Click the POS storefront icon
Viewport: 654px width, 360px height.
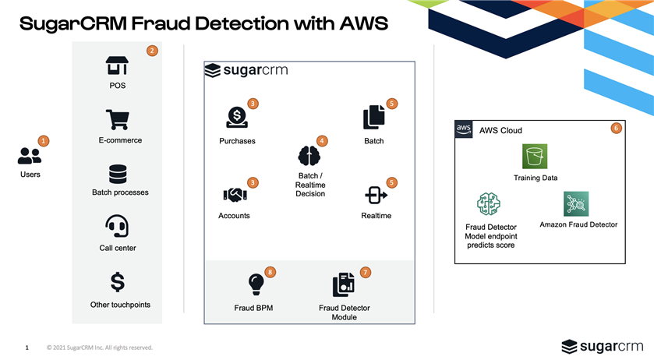click(117, 65)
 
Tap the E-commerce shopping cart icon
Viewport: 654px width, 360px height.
click(117, 119)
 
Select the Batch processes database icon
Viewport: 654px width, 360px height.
click(118, 174)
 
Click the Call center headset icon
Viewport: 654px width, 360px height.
click(117, 227)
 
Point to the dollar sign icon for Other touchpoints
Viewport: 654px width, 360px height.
click(118, 281)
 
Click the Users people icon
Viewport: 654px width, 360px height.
click(30, 155)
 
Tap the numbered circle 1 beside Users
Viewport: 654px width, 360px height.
click(44, 141)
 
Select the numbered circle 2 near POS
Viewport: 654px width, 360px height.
click(153, 51)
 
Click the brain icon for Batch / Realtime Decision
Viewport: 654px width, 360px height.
click(309, 156)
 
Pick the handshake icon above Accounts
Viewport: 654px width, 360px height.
click(235, 194)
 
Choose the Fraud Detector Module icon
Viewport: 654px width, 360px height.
click(344, 286)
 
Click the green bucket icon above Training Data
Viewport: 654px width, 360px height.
click(535, 157)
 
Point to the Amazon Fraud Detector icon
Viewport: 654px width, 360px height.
click(575, 204)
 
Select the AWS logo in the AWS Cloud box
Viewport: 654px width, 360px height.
click(464, 129)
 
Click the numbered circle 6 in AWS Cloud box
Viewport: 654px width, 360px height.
click(616, 128)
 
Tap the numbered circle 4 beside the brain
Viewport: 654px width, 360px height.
click(322, 141)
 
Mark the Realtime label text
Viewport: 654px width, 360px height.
click(376, 216)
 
